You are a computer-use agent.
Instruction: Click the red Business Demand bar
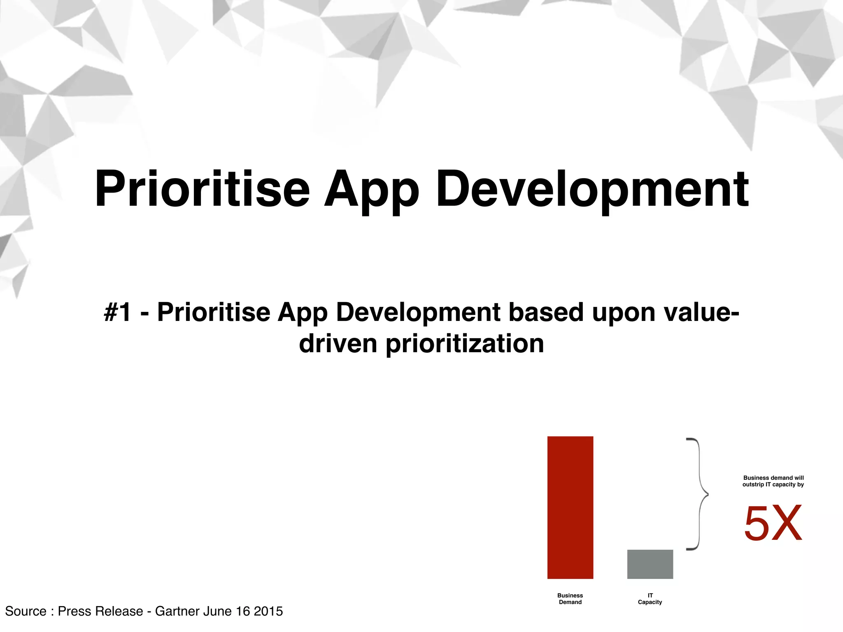570,507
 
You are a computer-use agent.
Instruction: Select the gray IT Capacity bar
650,564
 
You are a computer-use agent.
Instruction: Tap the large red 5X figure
773,523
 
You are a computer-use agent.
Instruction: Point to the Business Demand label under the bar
570,599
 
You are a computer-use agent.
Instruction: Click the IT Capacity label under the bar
650,599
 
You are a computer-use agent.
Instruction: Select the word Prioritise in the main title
202,189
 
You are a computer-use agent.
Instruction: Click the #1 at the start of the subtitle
118,312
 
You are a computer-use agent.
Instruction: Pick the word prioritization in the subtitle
465,344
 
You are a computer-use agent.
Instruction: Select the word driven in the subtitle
338,344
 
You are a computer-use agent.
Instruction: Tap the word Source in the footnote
26,611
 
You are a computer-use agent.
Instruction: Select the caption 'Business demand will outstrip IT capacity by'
773,481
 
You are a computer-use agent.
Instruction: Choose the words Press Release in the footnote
100,611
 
